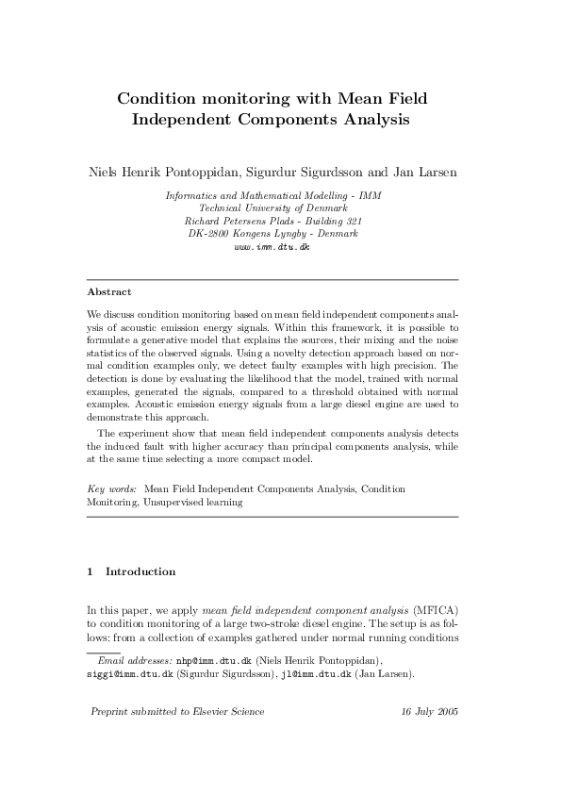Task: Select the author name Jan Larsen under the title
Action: point(424,174)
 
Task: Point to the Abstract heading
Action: point(109,291)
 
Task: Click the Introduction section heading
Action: point(140,571)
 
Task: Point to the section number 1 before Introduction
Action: point(90,571)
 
